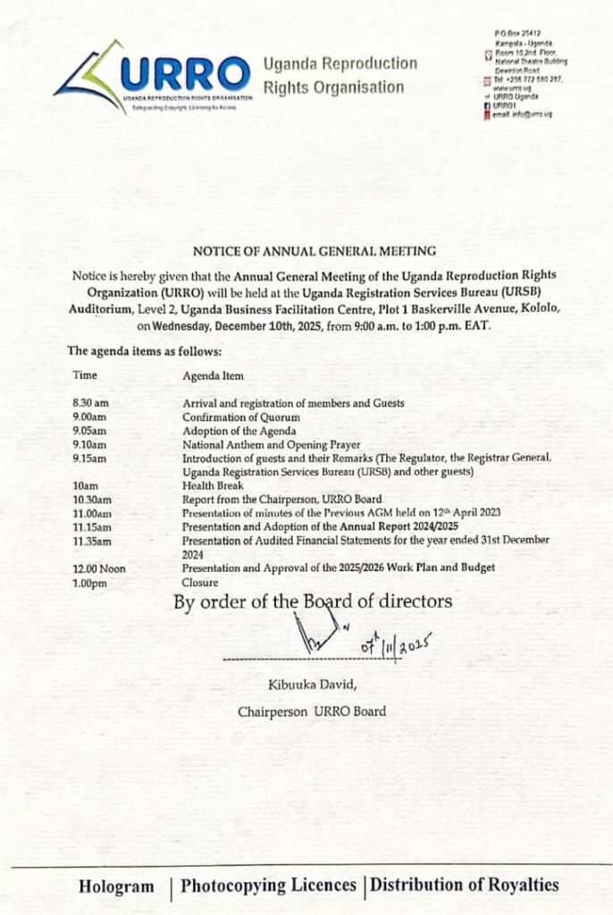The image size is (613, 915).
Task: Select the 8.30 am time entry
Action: pyautogui.click(x=89, y=403)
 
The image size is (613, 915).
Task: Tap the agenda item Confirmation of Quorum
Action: pyautogui.click(x=241, y=417)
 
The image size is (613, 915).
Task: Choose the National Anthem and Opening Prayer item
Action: pyautogui.click(x=272, y=444)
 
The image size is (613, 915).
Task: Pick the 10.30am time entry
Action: pyautogui.click(x=92, y=499)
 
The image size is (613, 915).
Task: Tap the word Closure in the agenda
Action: pyautogui.click(x=201, y=583)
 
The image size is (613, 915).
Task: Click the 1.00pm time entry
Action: pyautogui.click(x=90, y=583)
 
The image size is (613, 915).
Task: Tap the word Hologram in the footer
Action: pyautogui.click(x=116, y=886)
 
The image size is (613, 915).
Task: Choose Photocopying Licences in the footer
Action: pyautogui.click(x=268, y=886)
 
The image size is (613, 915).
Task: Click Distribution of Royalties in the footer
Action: pyautogui.click(x=465, y=886)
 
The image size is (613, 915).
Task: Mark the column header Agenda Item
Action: pyautogui.click(x=213, y=376)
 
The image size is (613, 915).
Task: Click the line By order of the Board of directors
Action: pyautogui.click(x=313, y=602)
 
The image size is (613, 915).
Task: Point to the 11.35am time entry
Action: pyautogui.click(x=92, y=541)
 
